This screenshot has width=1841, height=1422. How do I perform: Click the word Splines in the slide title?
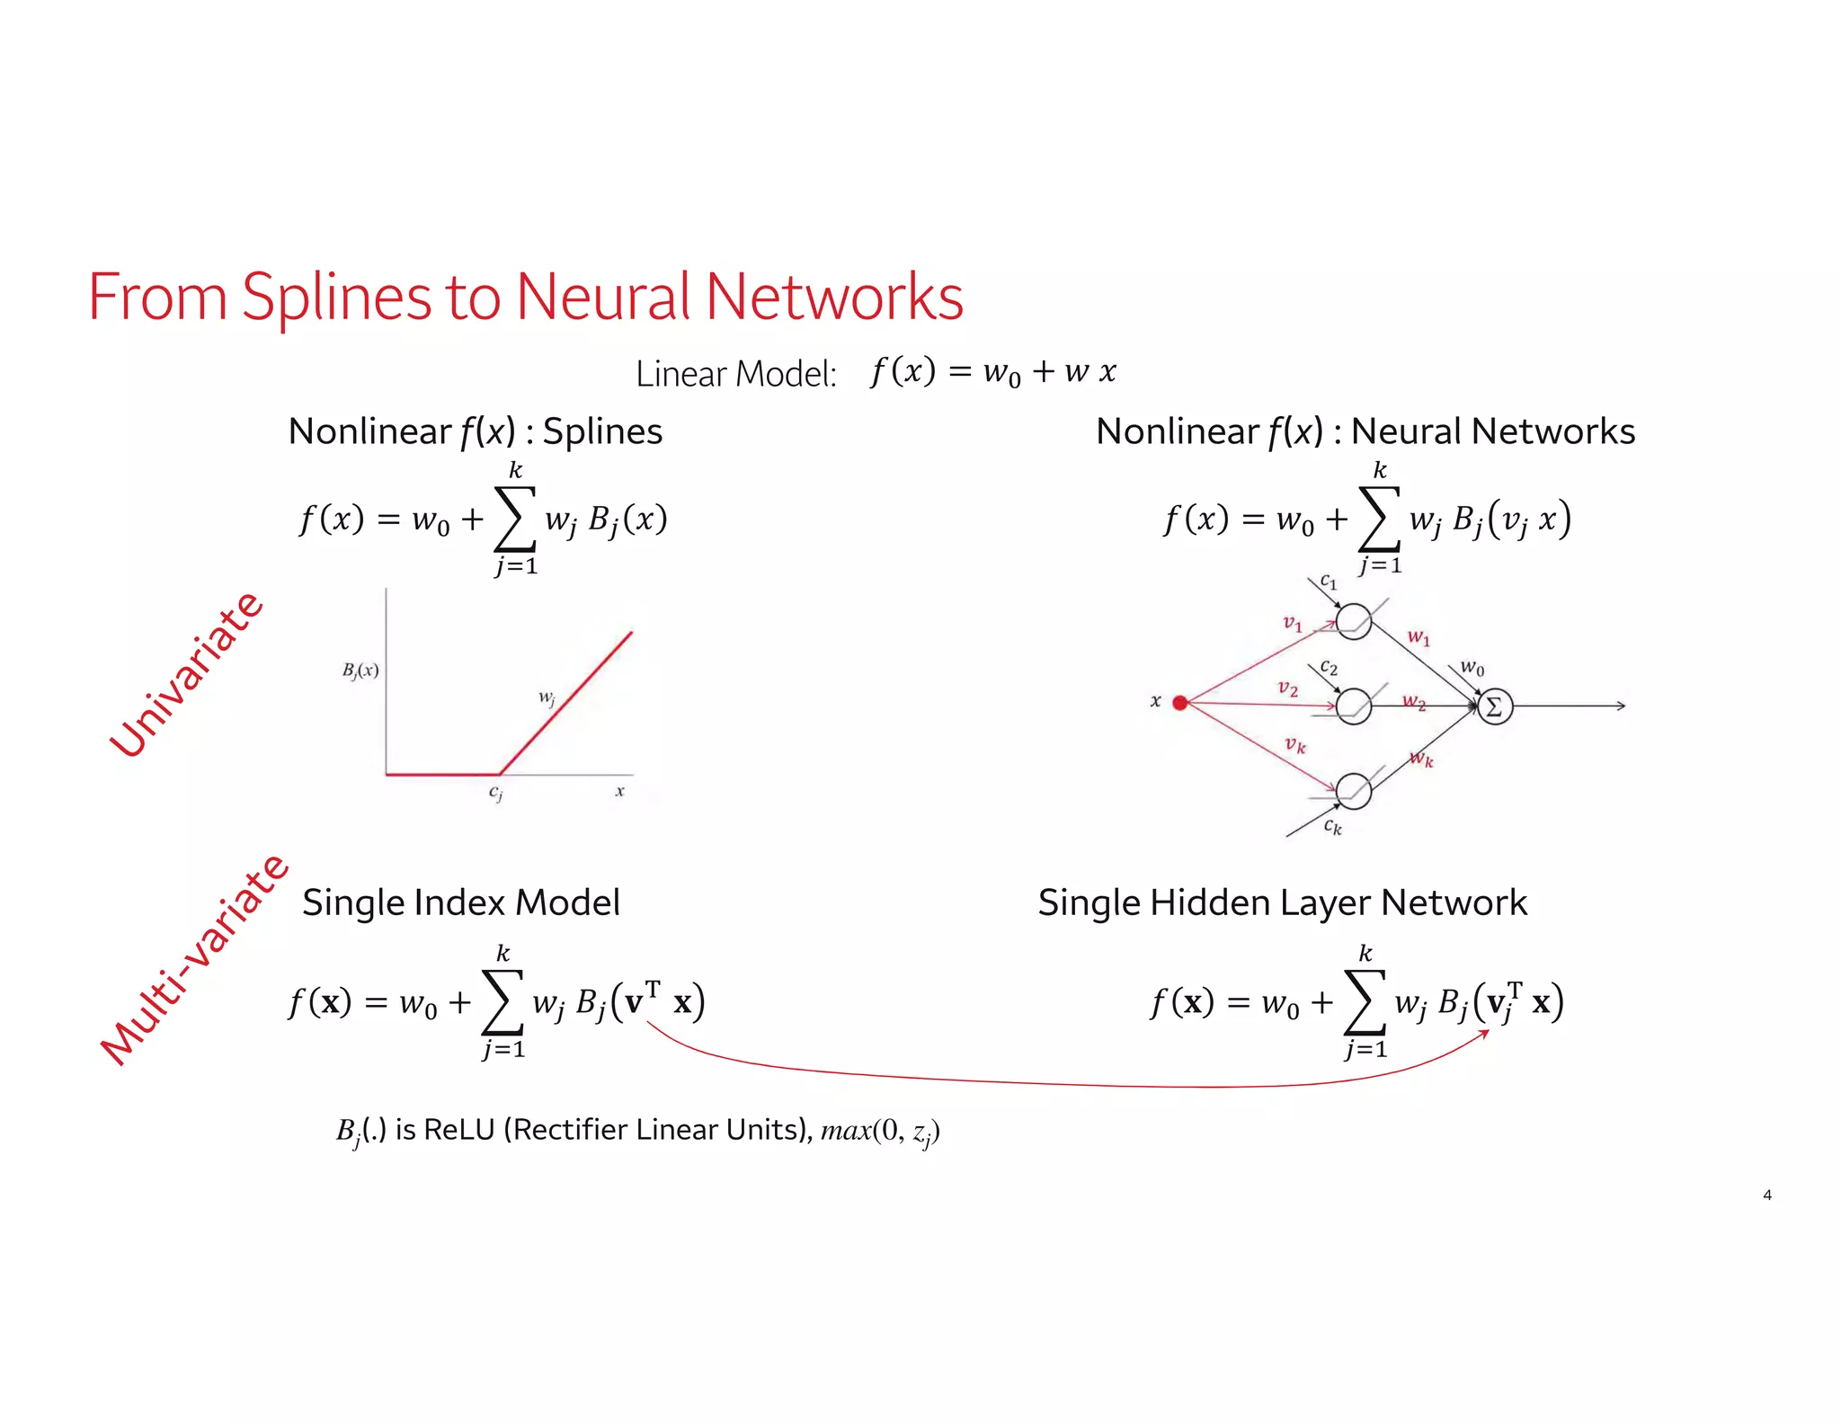(336, 298)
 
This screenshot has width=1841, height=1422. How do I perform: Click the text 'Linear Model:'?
(735, 374)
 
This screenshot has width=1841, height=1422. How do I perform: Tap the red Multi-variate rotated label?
(193, 960)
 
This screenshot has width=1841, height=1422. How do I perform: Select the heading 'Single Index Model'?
(460, 902)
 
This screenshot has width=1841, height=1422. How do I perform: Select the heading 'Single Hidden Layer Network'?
(1282, 902)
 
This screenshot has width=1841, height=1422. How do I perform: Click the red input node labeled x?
(1180, 703)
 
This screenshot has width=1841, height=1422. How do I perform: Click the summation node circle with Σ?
(1495, 707)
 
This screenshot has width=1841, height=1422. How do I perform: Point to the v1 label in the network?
(1292, 622)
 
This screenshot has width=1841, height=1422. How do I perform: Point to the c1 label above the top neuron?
(1328, 582)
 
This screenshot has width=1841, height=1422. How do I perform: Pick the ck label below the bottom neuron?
(1332, 825)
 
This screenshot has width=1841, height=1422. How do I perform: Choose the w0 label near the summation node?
(1472, 667)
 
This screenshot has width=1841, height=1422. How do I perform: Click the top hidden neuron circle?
(1354, 621)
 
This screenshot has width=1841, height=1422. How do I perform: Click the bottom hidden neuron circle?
(1354, 791)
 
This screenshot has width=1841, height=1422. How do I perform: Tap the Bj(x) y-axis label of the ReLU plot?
(360, 671)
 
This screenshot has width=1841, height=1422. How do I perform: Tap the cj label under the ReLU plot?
(495, 793)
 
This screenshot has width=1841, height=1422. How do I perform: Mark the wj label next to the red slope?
(547, 698)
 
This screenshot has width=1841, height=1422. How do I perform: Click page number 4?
(1767, 1195)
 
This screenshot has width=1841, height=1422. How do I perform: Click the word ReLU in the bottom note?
(458, 1129)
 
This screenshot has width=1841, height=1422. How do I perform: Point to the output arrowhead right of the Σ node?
(1621, 707)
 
